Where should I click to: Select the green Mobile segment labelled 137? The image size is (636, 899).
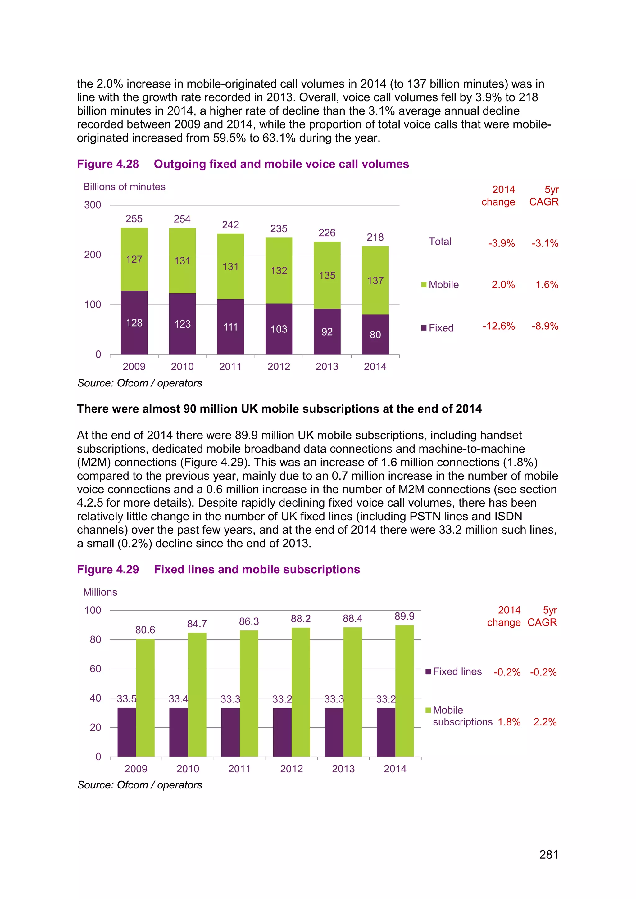click(375, 280)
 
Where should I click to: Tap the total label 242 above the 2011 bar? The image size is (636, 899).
click(230, 225)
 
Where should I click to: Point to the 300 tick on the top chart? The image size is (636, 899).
click(93, 205)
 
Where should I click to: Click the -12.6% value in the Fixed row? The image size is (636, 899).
click(498, 326)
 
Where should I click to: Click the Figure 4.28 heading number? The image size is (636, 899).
click(108, 164)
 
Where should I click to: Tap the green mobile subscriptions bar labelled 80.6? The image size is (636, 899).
click(145, 697)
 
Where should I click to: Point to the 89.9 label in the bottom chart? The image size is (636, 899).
click(404, 616)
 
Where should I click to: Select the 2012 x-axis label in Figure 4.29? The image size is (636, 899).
click(291, 769)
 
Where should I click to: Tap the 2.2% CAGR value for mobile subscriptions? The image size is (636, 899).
click(545, 722)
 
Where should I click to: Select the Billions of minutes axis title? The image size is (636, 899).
click(124, 187)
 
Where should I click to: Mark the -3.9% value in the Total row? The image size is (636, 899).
click(501, 243)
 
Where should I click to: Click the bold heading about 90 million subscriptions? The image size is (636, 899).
click(279, 409)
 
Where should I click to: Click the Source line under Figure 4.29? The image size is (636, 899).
click(140, 785)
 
